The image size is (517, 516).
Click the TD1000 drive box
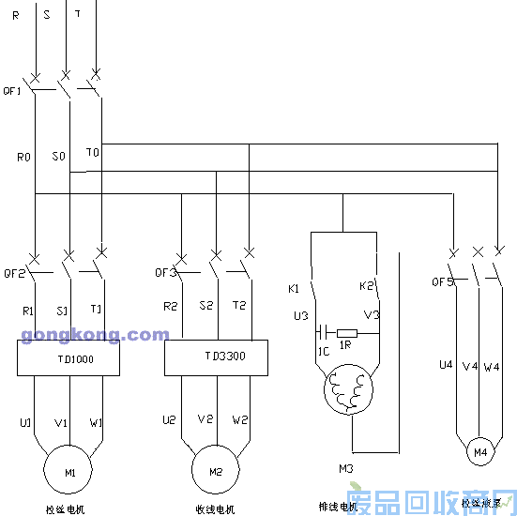(68, 357)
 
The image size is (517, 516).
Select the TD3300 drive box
(216, 357)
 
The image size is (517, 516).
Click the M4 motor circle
(480, 452)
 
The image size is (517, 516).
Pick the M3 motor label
(346, 466)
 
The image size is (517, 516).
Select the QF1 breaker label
(12, 91)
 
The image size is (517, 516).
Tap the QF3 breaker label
(166, 273)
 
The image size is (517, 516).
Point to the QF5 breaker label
(442, 281)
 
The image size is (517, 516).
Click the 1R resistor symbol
(347, 332)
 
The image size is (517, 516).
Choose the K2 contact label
(366, 285)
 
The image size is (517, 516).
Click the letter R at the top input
(16, 16)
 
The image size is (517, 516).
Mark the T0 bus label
(92, 151)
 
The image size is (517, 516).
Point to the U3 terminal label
(300, 315)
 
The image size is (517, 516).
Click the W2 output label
(240, 419)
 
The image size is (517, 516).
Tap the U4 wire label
(446, 366)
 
